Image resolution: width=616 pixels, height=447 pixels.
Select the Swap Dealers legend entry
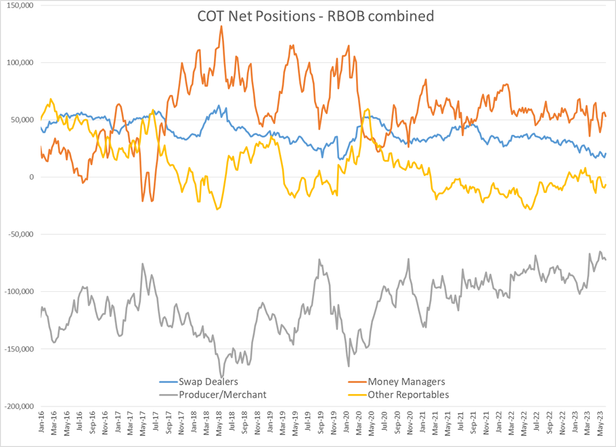click(208, 383)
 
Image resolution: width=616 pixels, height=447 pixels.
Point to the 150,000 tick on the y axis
click(18, 5)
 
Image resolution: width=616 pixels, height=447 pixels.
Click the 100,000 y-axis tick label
click(18, 63)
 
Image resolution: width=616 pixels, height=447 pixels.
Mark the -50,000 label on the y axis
click(18, 235)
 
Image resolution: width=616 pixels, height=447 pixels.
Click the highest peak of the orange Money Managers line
click(221, 26)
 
